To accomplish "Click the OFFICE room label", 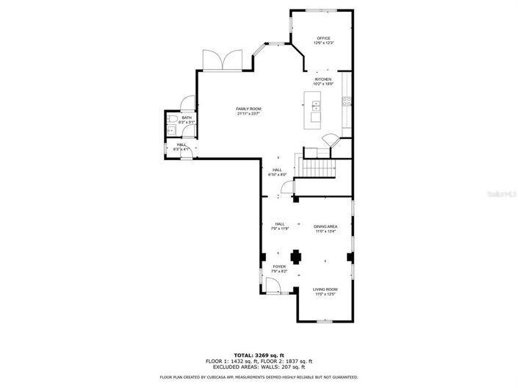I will [323, 37].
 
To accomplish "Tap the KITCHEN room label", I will [323, 79].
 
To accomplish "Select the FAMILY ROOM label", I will [248, 109].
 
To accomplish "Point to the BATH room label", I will [187, 118].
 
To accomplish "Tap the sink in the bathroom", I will [170, 130].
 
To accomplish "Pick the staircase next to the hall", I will [316, 168].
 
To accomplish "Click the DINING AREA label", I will [325, 226].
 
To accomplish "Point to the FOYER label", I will [279, 267].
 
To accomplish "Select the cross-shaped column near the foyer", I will [296, 256].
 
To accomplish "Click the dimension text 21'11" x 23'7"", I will [248, 114].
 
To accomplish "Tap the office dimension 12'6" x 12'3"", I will [323, 43].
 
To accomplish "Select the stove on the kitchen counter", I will [346, 102].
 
